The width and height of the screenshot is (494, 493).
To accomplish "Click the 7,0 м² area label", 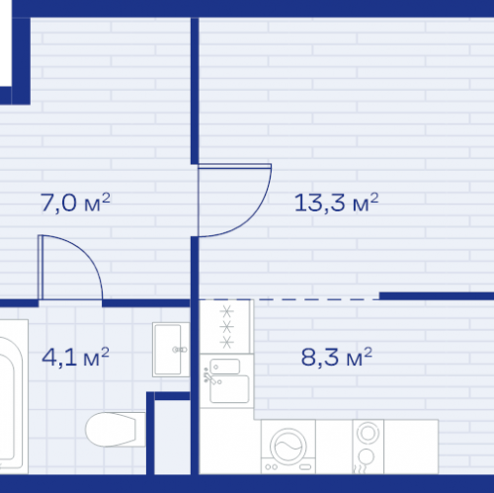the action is coord(75,203).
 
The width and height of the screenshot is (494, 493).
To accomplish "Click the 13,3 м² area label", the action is coord(336,203).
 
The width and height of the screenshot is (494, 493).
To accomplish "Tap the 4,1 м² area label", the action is coord(75,357).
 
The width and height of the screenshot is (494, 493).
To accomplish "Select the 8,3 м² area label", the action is coord(337,357).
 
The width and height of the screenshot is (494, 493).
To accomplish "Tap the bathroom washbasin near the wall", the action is coord(171,350).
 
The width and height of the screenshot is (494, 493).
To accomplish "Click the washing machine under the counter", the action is coord(288,447).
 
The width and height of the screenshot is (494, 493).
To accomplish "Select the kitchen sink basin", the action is coord(229,388).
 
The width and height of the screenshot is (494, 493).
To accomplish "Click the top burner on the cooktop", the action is coord(226,310).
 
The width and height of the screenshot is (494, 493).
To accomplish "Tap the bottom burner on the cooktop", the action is coord(226,342).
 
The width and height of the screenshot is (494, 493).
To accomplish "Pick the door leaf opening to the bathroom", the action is coord(41,267).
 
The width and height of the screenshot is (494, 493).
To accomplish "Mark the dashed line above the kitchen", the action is coord(288,299).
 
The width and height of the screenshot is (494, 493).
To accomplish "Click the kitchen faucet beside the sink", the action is coord(209,376).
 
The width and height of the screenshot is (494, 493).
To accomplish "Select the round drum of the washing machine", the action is coord(288,447).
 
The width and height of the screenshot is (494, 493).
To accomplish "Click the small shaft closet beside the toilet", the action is coord(172,437).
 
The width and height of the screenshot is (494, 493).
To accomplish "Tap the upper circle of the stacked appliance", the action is coord(368,433).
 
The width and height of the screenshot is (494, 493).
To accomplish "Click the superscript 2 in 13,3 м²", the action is coord(374,197).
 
